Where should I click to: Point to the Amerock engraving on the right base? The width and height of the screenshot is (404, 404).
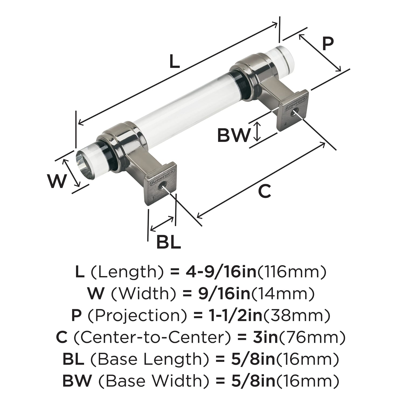294,103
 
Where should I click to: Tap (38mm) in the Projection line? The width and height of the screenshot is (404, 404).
296,315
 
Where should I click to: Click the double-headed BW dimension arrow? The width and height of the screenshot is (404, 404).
258,131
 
